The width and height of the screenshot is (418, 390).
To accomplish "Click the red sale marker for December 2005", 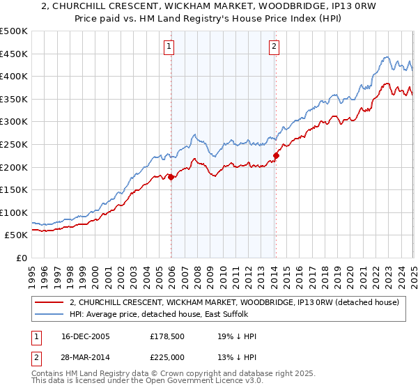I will [171, 177].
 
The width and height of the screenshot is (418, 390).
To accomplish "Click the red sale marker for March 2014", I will [276, 156].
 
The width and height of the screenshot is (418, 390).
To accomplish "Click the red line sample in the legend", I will [49, 302].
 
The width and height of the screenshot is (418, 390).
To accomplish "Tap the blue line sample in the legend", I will [49, 315].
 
